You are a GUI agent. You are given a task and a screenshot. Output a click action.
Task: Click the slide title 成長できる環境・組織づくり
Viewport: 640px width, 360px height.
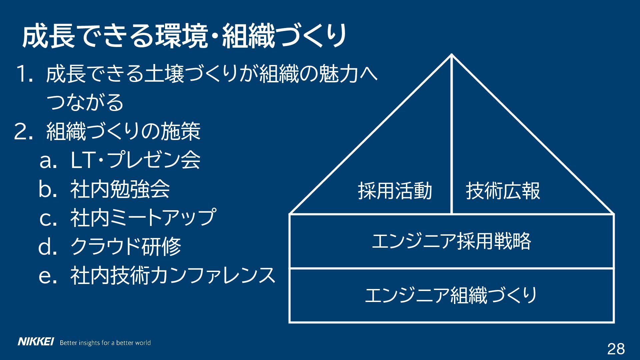[x=184, y=36]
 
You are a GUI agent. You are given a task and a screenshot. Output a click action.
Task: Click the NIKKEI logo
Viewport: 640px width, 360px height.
[x=35, y=342]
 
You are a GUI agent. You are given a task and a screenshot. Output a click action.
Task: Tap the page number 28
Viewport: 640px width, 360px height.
[x=616, y=349]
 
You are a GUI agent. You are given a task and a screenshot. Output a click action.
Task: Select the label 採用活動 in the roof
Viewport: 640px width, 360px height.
[x=395, y=191]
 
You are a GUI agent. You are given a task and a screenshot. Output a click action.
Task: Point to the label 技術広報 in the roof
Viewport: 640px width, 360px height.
[x=503, y=191]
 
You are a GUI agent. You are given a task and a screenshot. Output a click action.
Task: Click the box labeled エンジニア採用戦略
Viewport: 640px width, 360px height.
[x=451, y=241]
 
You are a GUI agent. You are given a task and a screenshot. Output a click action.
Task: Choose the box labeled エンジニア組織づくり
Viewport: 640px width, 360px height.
[x=451, y=295]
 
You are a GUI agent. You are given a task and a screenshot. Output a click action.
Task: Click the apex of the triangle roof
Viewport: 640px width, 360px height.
[x=452, y=55]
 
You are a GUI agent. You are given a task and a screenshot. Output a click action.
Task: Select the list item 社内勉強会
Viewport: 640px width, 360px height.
[x=120, y=189]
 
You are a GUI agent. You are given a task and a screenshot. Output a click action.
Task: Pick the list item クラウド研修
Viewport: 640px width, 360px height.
[x=126, y=247]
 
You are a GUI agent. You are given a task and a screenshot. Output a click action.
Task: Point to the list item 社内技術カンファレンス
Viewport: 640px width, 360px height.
[x=173, y=276]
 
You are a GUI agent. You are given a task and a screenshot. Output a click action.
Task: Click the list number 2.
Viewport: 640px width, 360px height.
[x=23, y=132]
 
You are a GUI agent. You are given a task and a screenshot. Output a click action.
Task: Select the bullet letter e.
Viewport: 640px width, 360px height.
[x=46, y=277]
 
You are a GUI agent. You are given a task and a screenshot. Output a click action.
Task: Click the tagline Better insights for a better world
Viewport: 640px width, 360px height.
[x=105, y=343]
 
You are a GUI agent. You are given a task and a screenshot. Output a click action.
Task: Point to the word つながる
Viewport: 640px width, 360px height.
[x=85, y=102]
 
